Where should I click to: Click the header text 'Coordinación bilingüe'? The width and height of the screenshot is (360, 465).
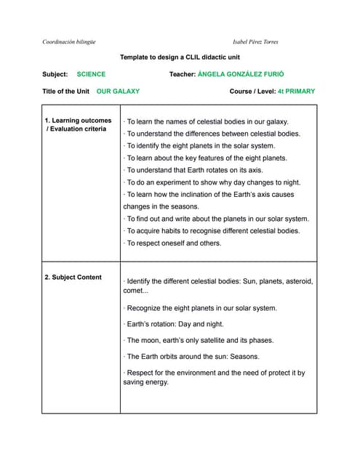[x=69, y=41]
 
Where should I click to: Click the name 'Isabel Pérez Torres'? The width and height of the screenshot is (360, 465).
[x=255, y=41]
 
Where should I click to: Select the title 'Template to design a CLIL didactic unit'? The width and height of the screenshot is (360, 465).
[x=180, y=57]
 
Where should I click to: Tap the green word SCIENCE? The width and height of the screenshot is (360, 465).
[x=91, y=74]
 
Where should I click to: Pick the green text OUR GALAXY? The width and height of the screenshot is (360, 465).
[x=118, y=92]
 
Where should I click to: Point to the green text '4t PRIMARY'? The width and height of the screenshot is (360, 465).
[x=296, y=92]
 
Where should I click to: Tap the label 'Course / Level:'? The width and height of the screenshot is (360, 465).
[x=252, y=92]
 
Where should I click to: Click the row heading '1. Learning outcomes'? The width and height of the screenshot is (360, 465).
[x=78, y=121]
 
